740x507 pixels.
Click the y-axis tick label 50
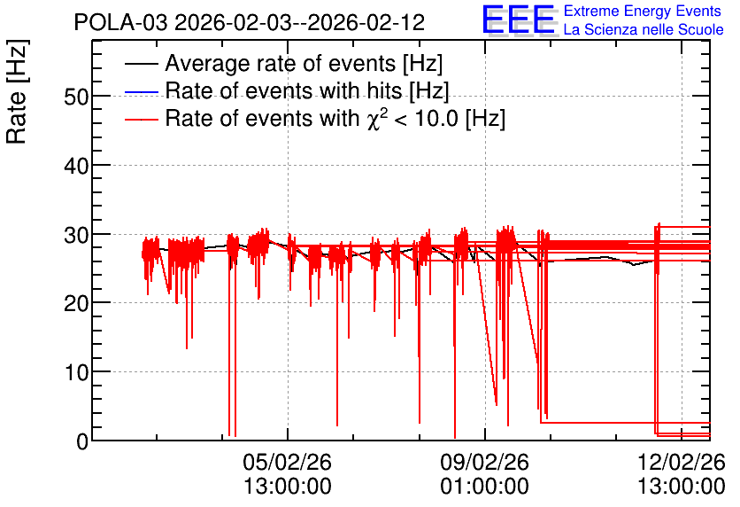[x=76, y=97]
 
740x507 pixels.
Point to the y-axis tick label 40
[x=76, y=166]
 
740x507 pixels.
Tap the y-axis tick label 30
[x=76, y=235]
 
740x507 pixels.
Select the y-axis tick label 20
[x=76, y=303]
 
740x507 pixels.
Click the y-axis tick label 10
[x=76, y=372]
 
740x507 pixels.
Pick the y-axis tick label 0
[x=82, y=441]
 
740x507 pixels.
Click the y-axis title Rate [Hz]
[x=17, y=92]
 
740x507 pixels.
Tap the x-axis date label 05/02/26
[x=288, y=462]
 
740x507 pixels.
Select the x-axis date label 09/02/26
[x=485, y=462]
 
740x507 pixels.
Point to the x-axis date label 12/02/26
[x=682, y=462]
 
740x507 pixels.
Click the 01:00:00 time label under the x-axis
[x=485, y=487]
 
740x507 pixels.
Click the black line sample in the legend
[x=141, y=64]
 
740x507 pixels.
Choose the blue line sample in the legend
[x=141, y=91]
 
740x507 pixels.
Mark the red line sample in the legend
[x=141, y=119]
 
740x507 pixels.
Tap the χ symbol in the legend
[x=374, y=121]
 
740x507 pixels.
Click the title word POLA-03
[x=120, y=22]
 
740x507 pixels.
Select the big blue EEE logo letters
[x=519, y=19]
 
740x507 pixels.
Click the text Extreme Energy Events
[x=643, y=11]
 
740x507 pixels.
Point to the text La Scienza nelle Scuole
[x=644, y=29]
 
